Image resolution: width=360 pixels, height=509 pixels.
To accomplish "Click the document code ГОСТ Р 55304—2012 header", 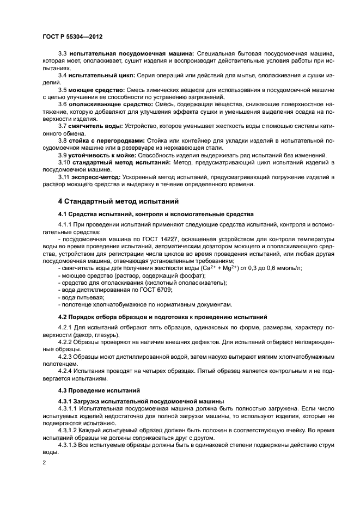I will point(72,36).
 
